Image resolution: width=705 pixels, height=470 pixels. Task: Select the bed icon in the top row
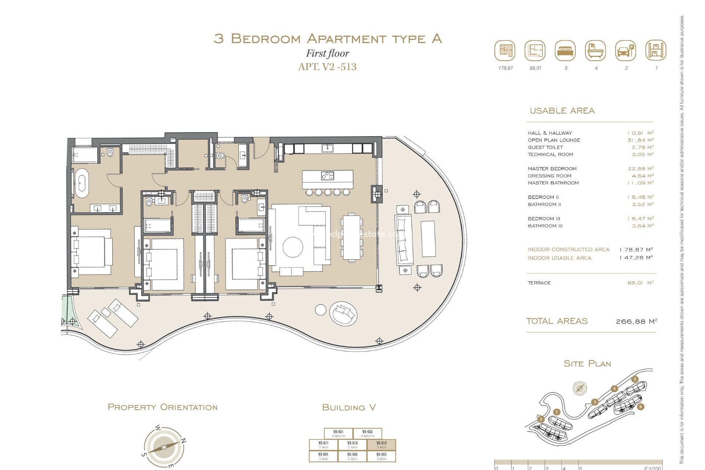click(x=565, y=51)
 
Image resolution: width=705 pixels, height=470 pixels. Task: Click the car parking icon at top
click(x=625, y=51)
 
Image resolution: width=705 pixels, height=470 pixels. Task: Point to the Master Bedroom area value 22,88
click(x=640, y=169)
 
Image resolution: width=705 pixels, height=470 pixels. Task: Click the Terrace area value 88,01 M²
click(x=640, y=283)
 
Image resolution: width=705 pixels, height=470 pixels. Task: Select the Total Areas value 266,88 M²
click(x=636, y=321)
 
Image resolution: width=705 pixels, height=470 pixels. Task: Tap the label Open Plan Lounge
click(x=554, y=140)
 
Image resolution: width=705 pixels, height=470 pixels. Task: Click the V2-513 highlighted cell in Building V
click(x=382, y=445)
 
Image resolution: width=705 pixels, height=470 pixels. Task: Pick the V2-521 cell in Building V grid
click(x=338, y=434)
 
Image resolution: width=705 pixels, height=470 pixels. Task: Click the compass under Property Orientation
click(x=164, y=447)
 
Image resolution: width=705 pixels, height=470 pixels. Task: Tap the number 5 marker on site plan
click(x=634, y=379)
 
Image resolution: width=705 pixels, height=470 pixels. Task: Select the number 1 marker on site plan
click(x=557, y=412)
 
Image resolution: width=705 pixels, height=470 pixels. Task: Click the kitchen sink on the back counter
click(x=327, y=148)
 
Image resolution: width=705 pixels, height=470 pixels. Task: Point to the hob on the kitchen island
click(x=327, y=176)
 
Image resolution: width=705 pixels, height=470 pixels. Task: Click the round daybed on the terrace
click(x=344, y=313)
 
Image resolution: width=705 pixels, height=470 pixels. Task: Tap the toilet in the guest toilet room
click(x=220, y=156)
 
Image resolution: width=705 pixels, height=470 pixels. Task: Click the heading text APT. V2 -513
click(x=327, y=67)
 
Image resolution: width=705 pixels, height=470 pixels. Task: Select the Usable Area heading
click(x=562, y=111)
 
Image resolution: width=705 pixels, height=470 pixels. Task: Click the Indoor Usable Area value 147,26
click(x=636, y=258)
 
